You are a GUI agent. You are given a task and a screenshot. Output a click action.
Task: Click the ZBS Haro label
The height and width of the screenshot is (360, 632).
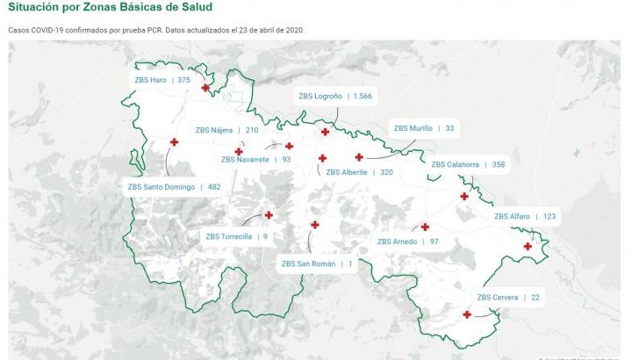point(162,80)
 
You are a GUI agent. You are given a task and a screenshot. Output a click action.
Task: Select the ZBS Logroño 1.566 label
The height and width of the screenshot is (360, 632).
point(334,96)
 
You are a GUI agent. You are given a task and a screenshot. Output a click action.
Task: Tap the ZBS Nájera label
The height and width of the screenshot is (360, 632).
point(226,130)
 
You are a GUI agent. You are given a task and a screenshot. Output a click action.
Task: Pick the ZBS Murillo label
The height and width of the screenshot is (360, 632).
point(423,128)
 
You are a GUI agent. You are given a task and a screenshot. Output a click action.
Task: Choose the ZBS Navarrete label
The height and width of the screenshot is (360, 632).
point(255,160)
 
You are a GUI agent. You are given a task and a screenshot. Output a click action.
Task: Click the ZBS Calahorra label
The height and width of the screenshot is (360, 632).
point(468,164)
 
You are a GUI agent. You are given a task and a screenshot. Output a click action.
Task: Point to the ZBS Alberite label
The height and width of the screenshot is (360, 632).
point(359,172)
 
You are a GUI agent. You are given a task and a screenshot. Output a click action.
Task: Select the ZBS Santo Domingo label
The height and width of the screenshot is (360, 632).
point(174,187)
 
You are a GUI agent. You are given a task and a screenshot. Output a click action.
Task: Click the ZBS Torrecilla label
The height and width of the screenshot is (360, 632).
point(236,236)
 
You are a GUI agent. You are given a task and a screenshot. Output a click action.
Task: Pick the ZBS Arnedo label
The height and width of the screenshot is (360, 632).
point(407,241)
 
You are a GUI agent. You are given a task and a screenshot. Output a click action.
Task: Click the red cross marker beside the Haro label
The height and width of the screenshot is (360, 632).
point(205,87)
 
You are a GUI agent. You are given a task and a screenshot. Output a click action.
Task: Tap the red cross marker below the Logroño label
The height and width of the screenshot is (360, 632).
point(325,132)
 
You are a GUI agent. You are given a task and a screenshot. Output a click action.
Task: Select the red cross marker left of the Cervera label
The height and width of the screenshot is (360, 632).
point(466,314)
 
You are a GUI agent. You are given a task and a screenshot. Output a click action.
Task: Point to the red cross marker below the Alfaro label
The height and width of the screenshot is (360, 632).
point(528,246)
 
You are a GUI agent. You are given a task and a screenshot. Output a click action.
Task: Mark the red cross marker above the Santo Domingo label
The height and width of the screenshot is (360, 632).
point(174,142)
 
